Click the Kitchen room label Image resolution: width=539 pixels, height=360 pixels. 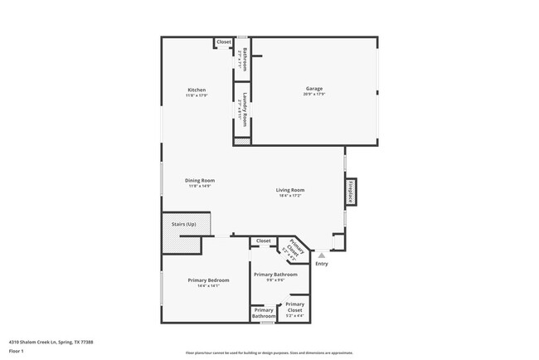click(x=196, y=90)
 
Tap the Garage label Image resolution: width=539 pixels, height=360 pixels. click(x=313, y=89)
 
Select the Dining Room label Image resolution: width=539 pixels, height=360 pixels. click(x=200, y=180)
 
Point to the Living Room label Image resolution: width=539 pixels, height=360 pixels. click(x=290, y=190)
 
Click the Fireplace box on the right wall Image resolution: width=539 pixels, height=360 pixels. click(x=351, y=191)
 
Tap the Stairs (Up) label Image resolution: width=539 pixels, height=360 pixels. click(x=183, y=224)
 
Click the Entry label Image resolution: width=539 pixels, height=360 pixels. click(x=322, y=264)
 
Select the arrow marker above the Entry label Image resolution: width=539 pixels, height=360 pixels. click(x=322, y=255)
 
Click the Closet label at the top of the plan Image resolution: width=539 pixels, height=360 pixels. click(x=223, y=41)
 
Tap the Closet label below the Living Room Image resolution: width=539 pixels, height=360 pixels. click(x=263, y=241)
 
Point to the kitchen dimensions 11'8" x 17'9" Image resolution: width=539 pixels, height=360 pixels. click(x=197, y=95)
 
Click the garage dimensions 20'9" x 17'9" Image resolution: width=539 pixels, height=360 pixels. click(x=313, y=95)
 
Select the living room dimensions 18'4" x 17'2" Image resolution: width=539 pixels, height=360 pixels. click(x=290, y=196)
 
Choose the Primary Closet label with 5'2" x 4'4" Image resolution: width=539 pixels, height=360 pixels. click(x=296, y=311)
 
